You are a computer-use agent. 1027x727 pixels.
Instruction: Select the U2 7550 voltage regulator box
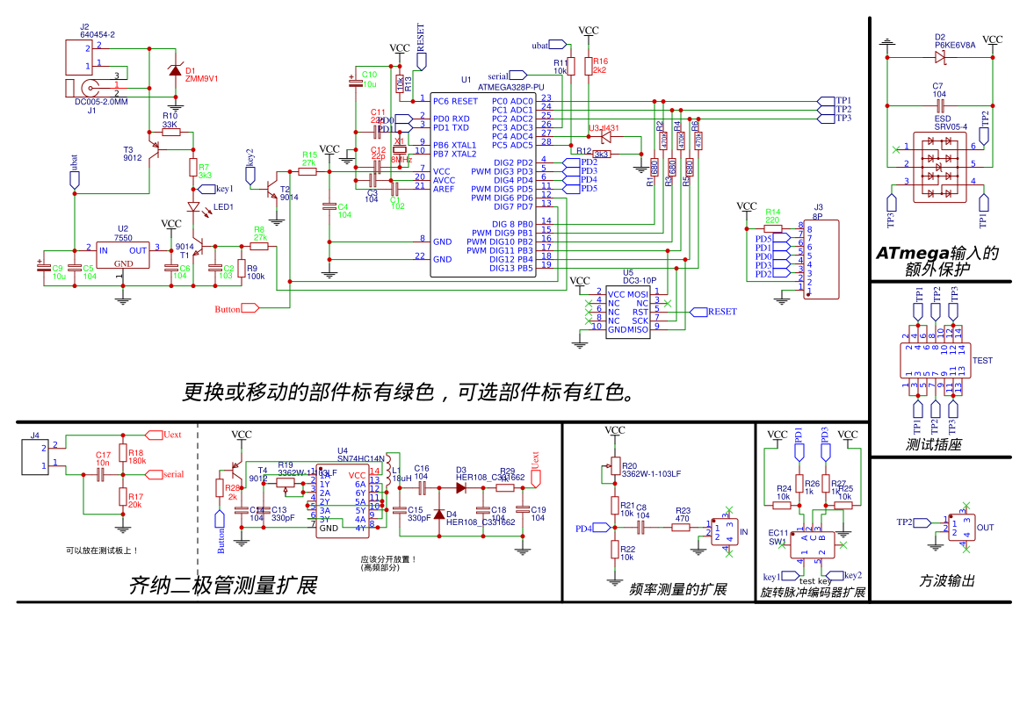coord(123,256)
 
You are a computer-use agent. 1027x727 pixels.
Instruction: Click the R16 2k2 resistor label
coord(600,65)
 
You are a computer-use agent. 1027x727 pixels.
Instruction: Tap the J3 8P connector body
coord(820,261)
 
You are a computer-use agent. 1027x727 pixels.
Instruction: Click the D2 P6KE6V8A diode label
coord(954,41)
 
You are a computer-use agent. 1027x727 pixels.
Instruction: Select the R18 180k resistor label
coord(136,457)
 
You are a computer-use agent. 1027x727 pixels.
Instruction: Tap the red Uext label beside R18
coord(172,435)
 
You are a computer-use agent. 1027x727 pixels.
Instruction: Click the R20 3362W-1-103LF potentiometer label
coord(650,470)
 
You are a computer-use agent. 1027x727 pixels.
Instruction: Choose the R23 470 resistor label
coord(683,515)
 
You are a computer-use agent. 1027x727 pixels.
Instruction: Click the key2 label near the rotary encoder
coord(852,575)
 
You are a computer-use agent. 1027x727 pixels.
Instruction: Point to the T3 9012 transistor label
coord(132,154)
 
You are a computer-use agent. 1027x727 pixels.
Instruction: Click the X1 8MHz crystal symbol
coord(399,149)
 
